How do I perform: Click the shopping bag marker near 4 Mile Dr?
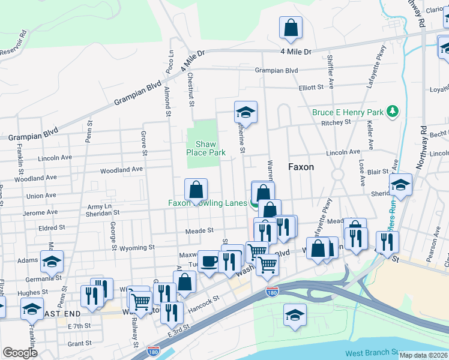point(291,28)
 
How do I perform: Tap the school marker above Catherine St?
point(245,112)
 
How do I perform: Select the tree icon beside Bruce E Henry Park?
point(393,111)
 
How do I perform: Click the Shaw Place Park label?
point(210,148)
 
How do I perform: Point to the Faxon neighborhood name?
point(301,167)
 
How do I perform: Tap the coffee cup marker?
point(209,262)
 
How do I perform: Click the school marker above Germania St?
point(52,262)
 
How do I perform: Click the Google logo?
point(20,353)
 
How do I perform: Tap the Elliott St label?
point(312,87)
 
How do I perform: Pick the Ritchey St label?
point(336,122)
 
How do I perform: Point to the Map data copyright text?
point(424,355)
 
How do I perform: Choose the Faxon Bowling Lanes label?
point(207,203)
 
